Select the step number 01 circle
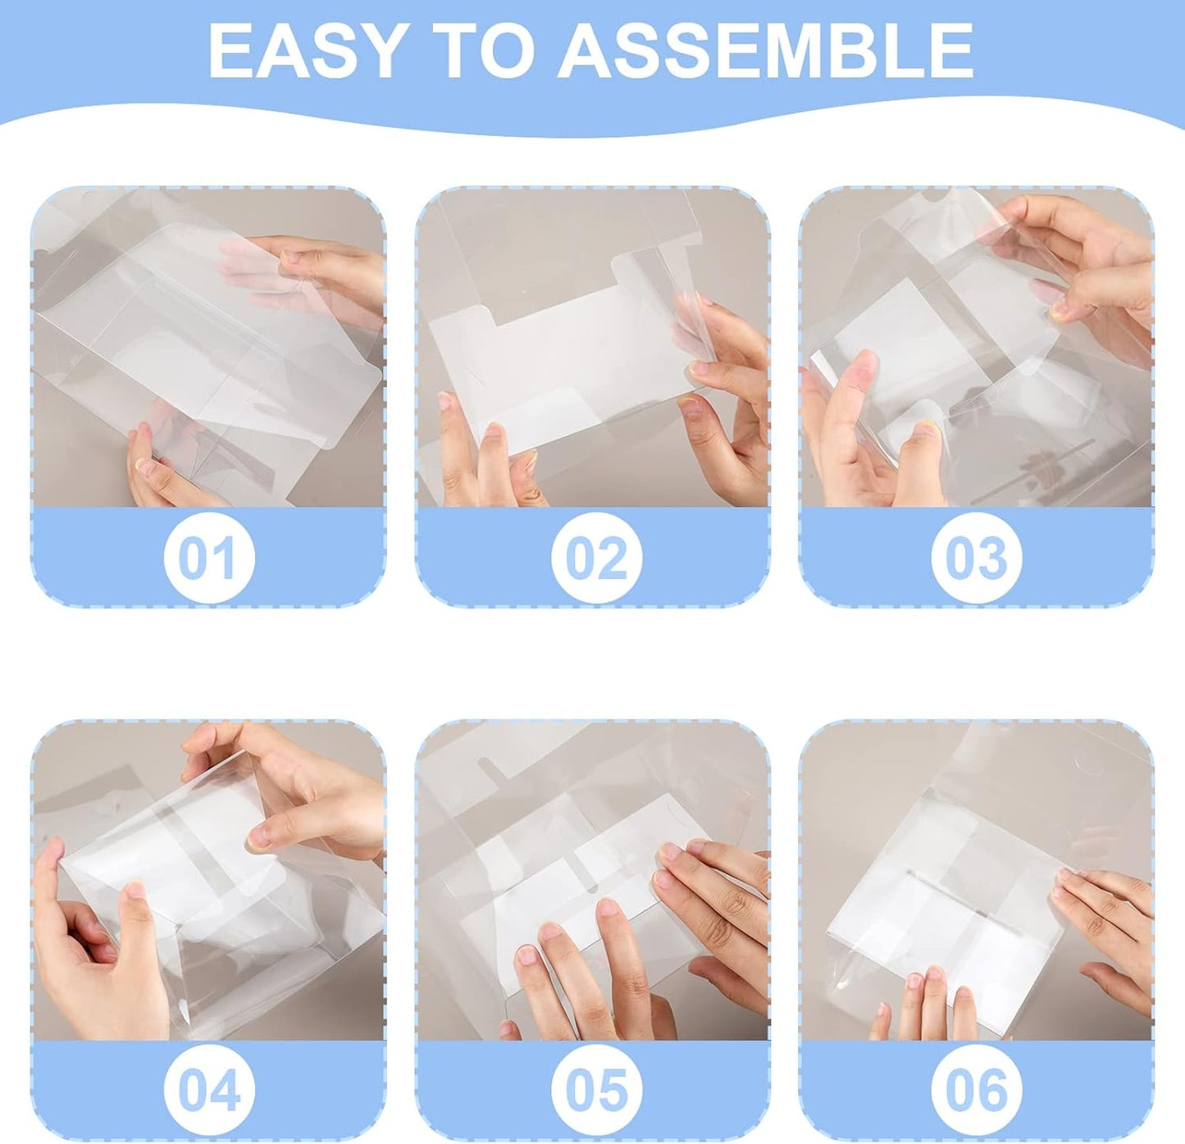point(209,558)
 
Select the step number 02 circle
point(596,558)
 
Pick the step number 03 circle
point(976,558)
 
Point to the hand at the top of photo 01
point(328,271)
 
